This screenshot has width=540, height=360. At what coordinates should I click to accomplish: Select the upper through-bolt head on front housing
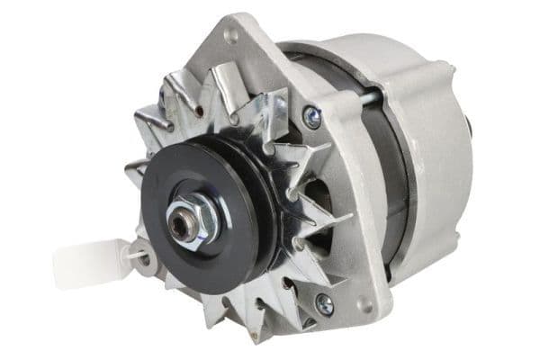click(x=311, y=114)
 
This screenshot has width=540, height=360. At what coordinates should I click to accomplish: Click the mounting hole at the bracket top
click(x=231, y=36)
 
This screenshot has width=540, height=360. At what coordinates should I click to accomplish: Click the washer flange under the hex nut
click(x=205, y=216)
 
